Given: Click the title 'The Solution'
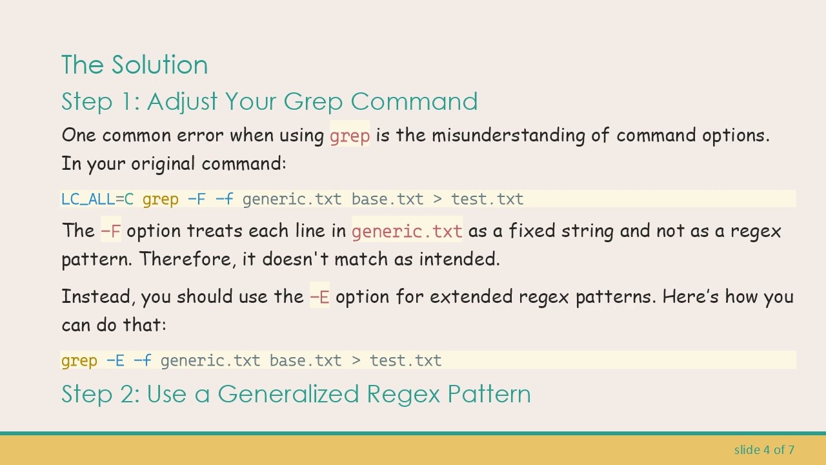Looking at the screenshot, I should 134,65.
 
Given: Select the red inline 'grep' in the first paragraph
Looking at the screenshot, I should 349,136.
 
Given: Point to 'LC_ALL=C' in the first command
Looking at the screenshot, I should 97,200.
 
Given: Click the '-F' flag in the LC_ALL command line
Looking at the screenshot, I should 196,200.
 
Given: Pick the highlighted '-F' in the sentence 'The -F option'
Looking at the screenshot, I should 110,231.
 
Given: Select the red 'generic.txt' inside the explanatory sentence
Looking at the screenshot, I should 407,231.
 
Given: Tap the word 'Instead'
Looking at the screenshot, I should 97,297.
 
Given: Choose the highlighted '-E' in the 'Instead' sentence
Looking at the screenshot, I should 319,297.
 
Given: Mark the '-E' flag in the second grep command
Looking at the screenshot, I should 115,360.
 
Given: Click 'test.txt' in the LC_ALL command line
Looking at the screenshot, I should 487,200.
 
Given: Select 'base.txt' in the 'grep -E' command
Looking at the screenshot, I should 305,360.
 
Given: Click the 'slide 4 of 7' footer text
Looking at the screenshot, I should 764,449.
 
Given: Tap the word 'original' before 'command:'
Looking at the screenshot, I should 163,163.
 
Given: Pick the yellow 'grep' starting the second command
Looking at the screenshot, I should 79,360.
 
